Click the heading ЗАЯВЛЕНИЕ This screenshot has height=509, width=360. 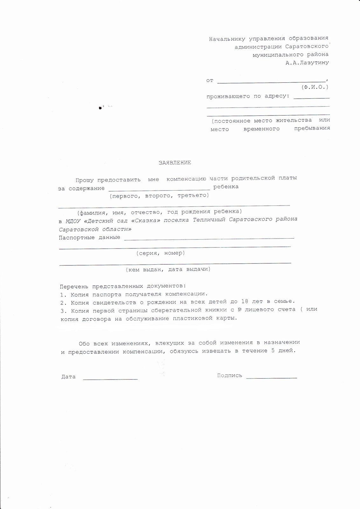pyautogui.click(x=175, y=163)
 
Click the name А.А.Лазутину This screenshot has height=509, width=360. pyautogui.click(x=307, y=63)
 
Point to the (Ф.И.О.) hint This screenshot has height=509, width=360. pyautogui.click(x=315, y=87)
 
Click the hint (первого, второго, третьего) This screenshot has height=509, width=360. pyautogui.click(x=159, y=195)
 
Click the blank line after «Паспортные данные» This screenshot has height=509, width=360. pyautogui.click(x=209, y=238)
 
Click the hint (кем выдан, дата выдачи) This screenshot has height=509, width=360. pyautogui.click(x=168, y=269)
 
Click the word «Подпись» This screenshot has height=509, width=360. pyautogui.click(x=230, y=376)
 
